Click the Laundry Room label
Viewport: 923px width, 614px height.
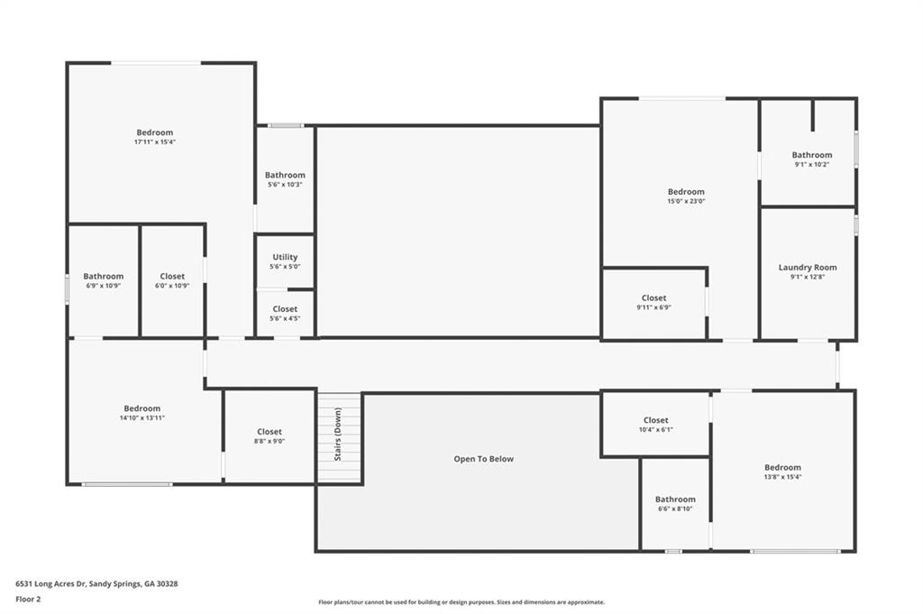(x=808, y=268)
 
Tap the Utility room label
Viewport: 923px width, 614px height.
(x=285, y=257)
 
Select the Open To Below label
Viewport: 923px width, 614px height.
(x=483, y=459)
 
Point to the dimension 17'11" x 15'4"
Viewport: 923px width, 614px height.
(x=154, y=142)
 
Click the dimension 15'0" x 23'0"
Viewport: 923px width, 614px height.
(x=686, y=201)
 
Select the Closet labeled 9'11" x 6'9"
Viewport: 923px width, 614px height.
(x=654, y=302)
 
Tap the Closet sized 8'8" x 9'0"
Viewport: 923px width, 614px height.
(x=269, y=436)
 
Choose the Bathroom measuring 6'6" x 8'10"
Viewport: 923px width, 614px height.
(x=675, y=503)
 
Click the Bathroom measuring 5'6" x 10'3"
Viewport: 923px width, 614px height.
(x=285, y=179)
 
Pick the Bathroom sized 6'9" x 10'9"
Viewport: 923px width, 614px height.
(x=104, y=280)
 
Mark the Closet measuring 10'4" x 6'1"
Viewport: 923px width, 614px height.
(x=655, y=425)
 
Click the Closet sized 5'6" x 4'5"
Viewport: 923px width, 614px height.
(x=285, y=313)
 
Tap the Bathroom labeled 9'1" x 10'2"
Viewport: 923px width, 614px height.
(x=812, y=160)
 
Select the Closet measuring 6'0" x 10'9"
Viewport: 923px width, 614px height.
(x=172, y=280)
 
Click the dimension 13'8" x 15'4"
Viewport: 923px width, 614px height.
(x=782, y=477)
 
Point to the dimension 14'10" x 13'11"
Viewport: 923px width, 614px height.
(x=142, y=417)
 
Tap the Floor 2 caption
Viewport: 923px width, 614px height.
(x=29, y=599)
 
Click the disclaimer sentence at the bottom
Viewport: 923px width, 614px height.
(x=461, y=602)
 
